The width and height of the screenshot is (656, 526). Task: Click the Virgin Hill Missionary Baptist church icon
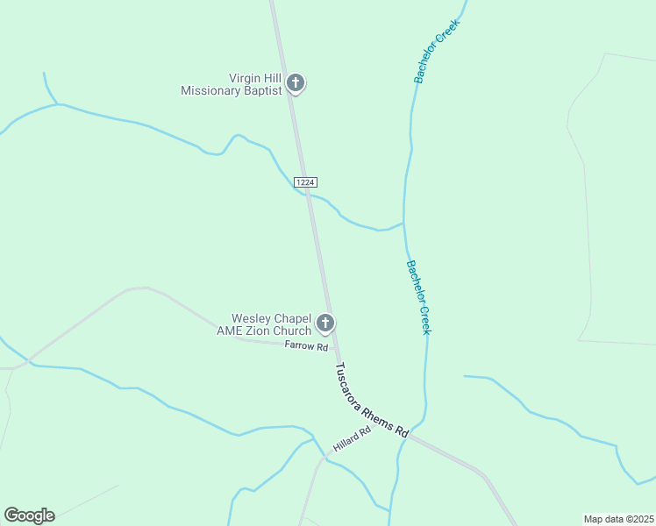click(x=296, y=83)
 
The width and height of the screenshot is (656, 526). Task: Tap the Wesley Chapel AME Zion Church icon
click(x=325, y=323)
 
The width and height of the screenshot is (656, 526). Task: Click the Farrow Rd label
click(x=306, y=346)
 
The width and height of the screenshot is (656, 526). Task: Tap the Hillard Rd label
click(x=352, y=440)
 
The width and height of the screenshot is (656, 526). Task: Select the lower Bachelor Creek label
click(x=418, y=296)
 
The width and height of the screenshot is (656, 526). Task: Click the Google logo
click(x=29, y=515)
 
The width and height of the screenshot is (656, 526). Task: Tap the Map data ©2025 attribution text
click(x=618, y=518)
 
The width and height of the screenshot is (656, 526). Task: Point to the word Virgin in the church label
click(x=248, y=78)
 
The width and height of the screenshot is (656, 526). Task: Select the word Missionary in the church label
click(x=210, y=90)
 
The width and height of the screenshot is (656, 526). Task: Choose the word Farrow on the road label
click(x=299, y=345)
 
